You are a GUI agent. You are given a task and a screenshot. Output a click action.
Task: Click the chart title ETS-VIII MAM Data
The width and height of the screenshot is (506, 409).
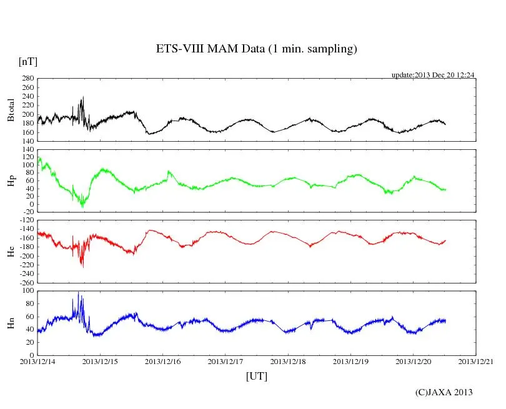coord(256,49)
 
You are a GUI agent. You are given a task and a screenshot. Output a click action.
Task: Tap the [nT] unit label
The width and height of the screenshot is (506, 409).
coord(27,61)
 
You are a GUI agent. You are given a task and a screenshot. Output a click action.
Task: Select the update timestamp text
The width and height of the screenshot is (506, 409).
coord(433,75)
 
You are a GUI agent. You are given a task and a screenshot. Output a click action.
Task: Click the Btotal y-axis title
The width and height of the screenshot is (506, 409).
coord(11,111)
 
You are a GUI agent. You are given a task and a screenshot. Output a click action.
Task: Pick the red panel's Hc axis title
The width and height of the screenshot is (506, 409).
coord(11,252)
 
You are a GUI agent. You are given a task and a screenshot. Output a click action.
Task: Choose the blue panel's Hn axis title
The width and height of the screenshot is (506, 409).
coord(11,323)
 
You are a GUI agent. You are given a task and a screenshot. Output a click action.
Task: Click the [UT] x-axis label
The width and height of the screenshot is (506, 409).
coord(257,376)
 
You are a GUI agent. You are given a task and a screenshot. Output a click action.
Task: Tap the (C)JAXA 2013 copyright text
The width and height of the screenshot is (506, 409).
coord(444,392)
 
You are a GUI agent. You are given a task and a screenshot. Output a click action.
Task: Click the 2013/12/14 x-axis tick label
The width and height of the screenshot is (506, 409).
coord(37,361)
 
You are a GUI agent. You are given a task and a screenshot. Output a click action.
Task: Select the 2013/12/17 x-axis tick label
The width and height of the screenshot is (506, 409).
coord(226,361)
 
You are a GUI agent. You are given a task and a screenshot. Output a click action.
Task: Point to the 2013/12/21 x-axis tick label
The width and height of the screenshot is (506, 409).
coord(476,361)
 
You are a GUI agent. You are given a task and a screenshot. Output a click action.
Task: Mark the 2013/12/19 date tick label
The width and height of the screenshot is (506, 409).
coord(351,361)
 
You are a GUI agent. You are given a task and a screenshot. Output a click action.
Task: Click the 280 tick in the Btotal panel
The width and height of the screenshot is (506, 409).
coord(27,79)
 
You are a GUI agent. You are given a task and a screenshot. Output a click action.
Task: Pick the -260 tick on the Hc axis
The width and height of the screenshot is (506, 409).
coord(26,282)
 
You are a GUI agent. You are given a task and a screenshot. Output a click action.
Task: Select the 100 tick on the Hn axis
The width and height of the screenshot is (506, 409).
coord(27,291)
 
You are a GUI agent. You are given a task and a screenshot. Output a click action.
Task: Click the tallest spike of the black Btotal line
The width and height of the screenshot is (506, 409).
coord(82,97)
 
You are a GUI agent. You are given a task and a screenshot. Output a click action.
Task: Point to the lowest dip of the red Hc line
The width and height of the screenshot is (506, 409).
coord(82,267)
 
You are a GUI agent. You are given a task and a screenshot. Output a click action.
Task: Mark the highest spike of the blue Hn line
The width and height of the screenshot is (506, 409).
coord(78,292)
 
